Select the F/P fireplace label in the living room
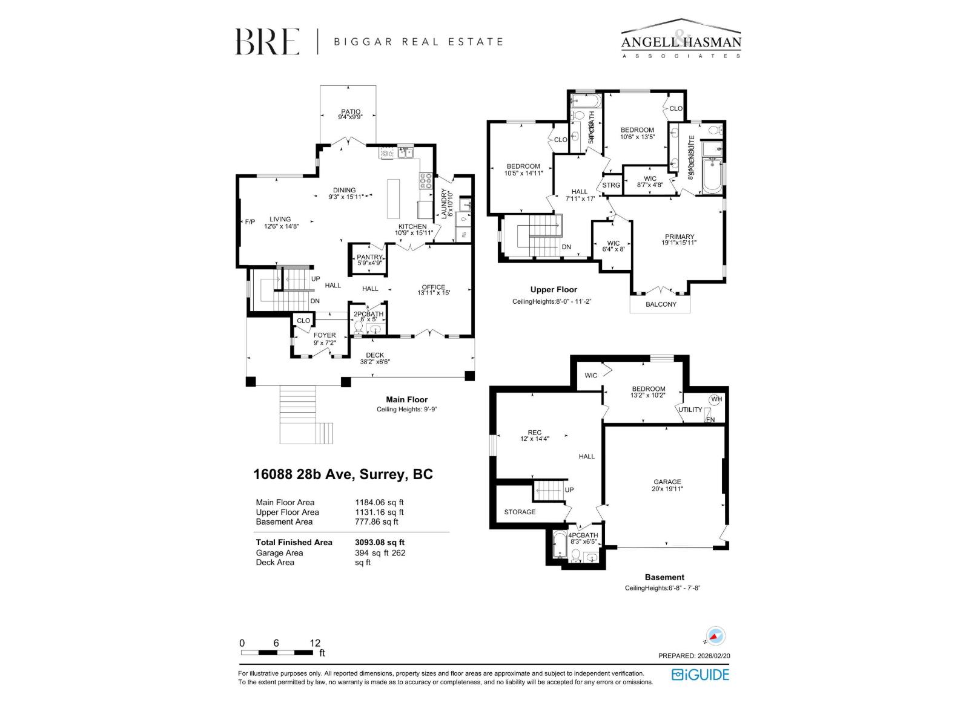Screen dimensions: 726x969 pyautogui.click(x=250, y=221)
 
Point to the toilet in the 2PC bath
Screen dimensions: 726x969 pyautogui.click(x=359, y=328)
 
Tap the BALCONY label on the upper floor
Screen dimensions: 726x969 pyautogui.click(x=661, y=304)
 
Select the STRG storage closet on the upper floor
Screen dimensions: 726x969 pyautogui.click(x=611, y=185)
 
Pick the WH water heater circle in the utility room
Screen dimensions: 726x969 pyautogui.click(x=716, y=399)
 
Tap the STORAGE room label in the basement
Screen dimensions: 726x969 pyautogui.click(x=520, y=512)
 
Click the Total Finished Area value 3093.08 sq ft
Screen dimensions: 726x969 pyautogui.click(x=380, y=543)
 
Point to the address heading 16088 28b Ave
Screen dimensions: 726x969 pyautogui.click(x=343, y=474)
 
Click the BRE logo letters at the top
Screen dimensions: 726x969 pyautogui.click(x=267, y=42)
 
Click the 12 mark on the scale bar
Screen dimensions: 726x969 pyautogui.click(x=315, y=643)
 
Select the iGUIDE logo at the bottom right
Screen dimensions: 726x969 pyautogui.click(x=700, y=675)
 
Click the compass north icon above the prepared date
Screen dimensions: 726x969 pyautogui.click(x=715, y=636)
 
